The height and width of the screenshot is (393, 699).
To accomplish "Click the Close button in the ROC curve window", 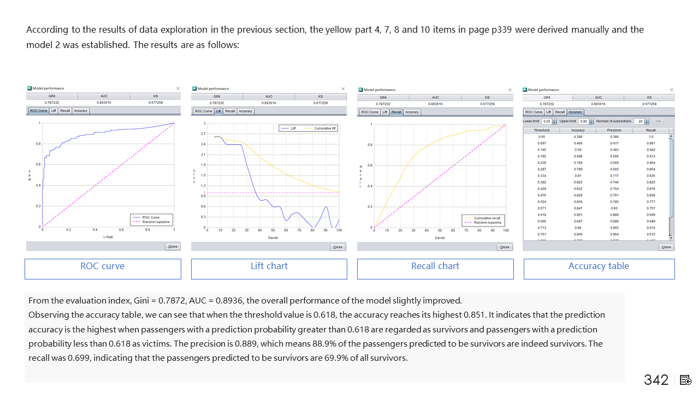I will pos(173,246).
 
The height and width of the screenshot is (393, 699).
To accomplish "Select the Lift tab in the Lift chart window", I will pos(218,111).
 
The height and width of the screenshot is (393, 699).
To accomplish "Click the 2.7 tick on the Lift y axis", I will pos(203,134).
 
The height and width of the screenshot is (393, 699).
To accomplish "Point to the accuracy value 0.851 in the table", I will pos(578,215).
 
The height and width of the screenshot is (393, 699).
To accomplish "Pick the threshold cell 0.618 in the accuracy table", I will pos(542,215).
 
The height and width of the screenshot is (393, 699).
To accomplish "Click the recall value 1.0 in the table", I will pos(651,136).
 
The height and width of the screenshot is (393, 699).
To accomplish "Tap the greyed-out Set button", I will pos(658,121).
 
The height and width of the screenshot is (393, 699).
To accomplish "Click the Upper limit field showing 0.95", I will pos(583,121).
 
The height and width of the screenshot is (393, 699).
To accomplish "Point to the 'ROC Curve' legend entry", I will pos(151,217).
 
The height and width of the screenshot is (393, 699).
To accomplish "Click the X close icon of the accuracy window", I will pos(671,90).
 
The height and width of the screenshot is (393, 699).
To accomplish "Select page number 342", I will pos(656,380).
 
